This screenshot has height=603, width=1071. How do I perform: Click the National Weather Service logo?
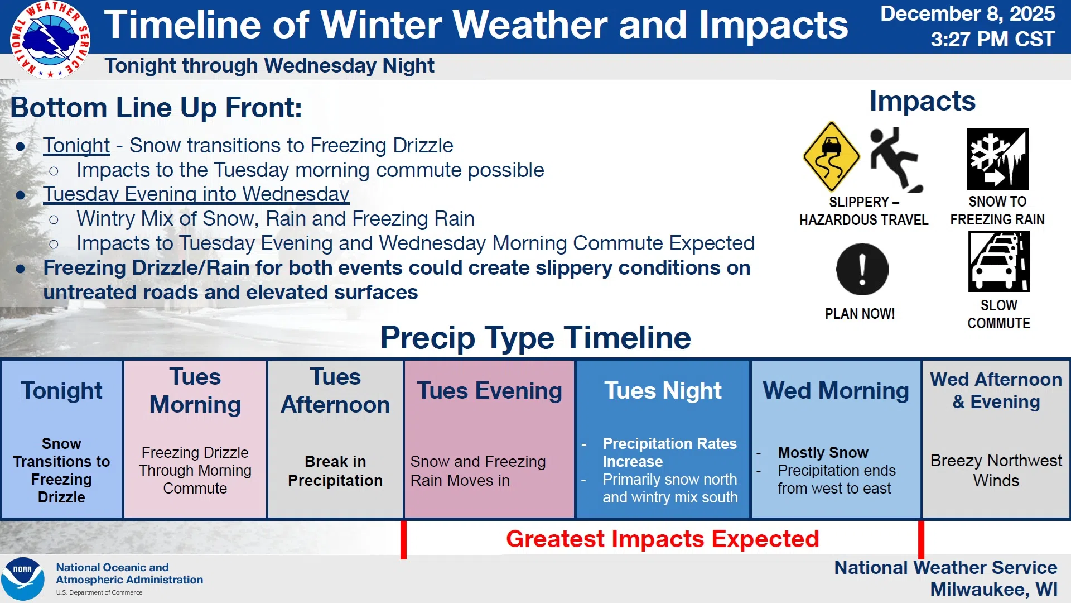[x=50, y=40]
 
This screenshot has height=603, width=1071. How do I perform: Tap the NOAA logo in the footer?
[x=23, y=578]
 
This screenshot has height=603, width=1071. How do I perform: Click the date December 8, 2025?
[x=967, y=14]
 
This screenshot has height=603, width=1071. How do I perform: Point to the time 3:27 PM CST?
[x=992, y=40]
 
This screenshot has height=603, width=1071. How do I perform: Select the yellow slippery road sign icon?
[x=831, y=156]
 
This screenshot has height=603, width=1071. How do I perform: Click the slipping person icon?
[x=896, y=159]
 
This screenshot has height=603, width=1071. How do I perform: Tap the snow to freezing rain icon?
[x=997, y=159]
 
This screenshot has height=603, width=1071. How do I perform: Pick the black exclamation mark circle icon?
[x=862, y=269]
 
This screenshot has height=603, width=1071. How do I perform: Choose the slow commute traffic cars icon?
[x=998, y=261]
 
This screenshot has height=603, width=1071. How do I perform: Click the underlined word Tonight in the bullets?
[x=76, y=146]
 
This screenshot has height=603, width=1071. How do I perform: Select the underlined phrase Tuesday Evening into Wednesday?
[x=196, y=194]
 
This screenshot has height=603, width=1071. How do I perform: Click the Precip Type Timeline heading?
[x=535, y=338]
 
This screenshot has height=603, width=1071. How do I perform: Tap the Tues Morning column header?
[x=195, y=390]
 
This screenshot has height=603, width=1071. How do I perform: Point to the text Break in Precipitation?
[x=335, y=471]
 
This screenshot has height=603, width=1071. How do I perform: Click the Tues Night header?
[x=663, y=390]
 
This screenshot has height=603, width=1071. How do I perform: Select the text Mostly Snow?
[x=823, y=452]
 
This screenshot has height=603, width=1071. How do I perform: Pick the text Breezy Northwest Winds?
[x=996, y=470]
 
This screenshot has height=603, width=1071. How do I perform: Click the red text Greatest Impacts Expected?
[x=663, y=539]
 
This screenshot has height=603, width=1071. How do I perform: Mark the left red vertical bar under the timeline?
[x=403, y=539]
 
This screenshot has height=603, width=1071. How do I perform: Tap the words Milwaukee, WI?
[x=993, y=589]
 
